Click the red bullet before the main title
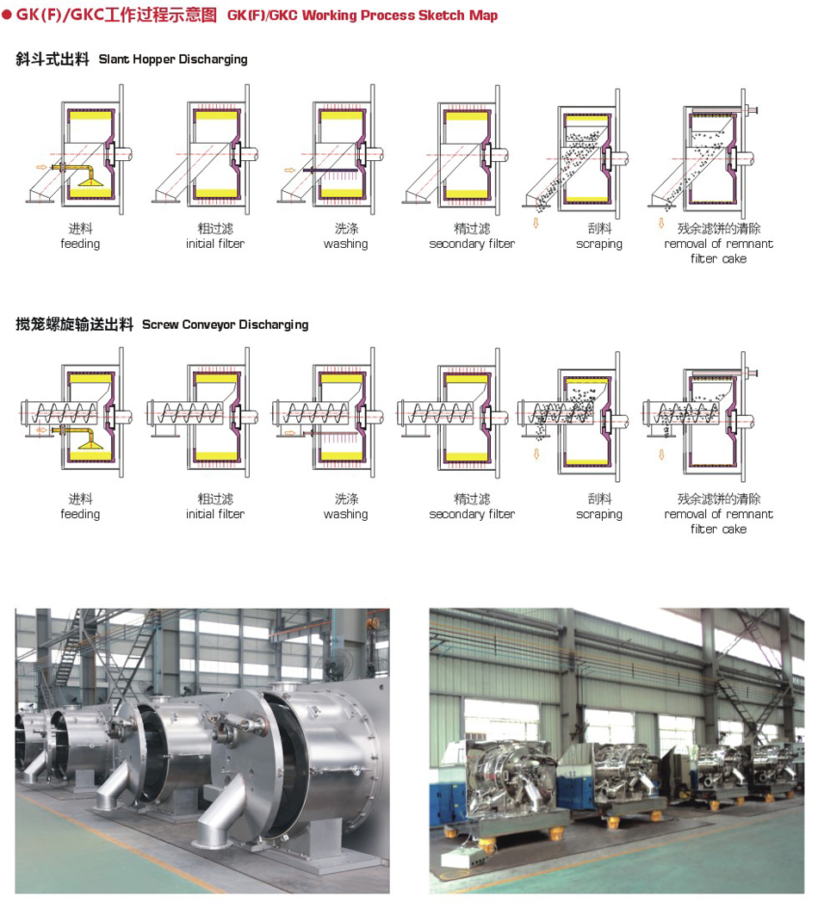click(x=8, y=15)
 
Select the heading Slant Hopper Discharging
click(x=173, y=59)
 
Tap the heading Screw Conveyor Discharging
click(x=225, y=325)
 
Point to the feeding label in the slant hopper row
click(x=80, y=244)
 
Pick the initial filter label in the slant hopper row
click(x=215, y=244)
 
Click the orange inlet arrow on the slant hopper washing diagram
click(x=289, y=170)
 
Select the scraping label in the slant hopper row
click(x=599, y=244)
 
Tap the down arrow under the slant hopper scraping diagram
click(x=535, y=224)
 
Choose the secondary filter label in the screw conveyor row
click(x=472, y=515)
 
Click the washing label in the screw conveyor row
click(x=345, y=515)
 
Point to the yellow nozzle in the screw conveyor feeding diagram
click(x=89, y=442)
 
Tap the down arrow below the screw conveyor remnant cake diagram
click(x=661, y=454)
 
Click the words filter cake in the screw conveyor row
click(x=718, y=529)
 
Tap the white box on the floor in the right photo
click(x=462, y=857)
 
